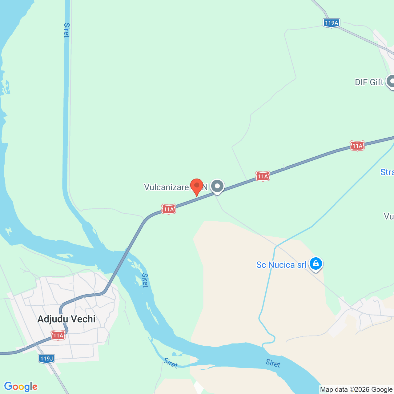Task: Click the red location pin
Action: coord(197,186)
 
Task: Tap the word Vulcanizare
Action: coord(166,187)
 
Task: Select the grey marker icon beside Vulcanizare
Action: coord(218,186)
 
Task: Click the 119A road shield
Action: coord(331,23)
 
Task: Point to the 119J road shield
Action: coord(46,358)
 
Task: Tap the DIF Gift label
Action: coord(369,82)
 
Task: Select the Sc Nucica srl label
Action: coord(281,265)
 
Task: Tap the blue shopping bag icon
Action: coord(316,264)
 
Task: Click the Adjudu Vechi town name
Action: coord(66,319)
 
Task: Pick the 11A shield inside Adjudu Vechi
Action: coord(58,335)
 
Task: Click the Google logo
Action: coord(21,387)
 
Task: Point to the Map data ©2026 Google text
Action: coord(356,389)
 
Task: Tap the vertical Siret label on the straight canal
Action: coord(66,30)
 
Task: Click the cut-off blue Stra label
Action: coord(387,172)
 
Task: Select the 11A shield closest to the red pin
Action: coord(168,210)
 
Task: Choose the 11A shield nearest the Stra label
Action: coord(357,146)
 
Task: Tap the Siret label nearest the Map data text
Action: coord(273,363)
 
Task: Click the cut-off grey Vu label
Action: coord(388,216)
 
